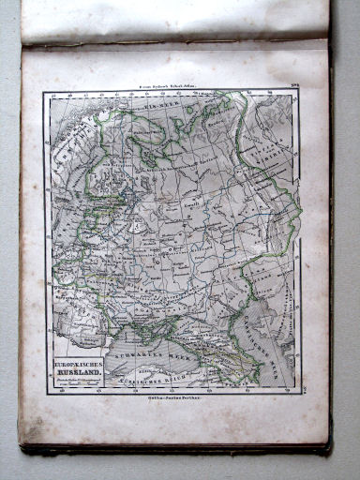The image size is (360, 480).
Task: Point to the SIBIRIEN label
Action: click(x=281, y=150)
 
